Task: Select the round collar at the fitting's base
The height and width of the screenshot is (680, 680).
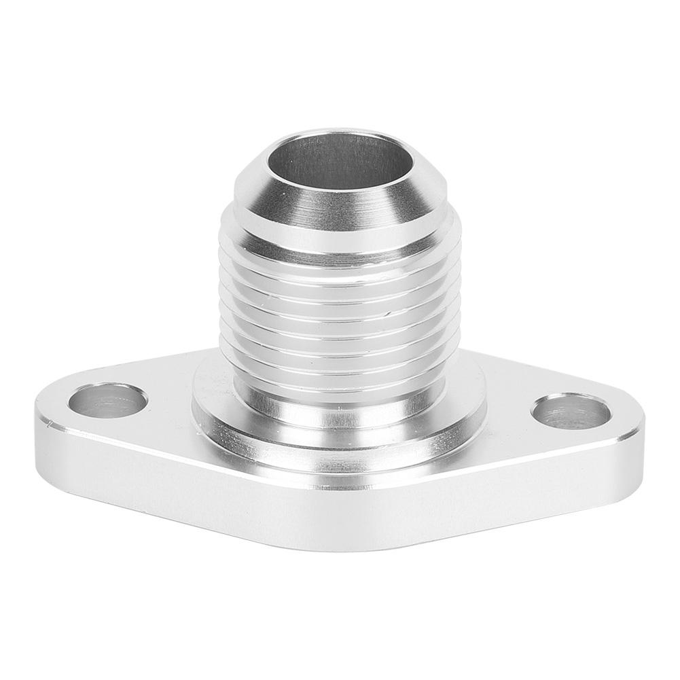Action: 340,442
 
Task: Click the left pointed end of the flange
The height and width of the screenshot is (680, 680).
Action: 37,414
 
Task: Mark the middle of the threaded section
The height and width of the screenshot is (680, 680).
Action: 340,299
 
